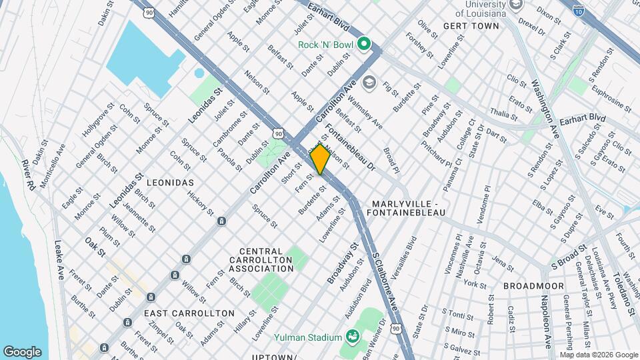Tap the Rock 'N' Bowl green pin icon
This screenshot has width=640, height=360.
[363, 45]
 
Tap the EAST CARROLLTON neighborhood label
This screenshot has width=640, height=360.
[189, 313]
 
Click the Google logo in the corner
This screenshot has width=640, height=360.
[22, 352]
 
